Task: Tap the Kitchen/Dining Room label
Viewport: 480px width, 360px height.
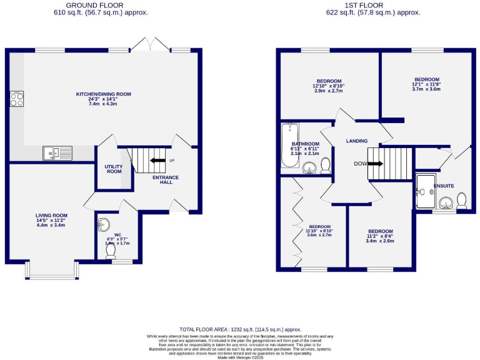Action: coord(104,94)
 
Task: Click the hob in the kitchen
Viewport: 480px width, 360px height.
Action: coord(16,101)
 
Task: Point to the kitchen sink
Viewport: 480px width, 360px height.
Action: coord(57,152)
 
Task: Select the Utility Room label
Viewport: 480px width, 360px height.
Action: coord(114,169)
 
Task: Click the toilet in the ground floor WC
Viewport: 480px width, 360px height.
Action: coord(111,251)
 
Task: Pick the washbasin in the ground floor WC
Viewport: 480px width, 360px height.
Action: coord(104,224)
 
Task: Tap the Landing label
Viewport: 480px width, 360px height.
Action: coord(357,141)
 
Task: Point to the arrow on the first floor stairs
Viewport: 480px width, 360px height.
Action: coord(375,164)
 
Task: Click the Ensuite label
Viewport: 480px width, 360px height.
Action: coord(444,185)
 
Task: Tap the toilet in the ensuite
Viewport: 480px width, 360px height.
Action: coord(462,201)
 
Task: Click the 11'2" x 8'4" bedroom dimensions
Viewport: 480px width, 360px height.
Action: coord(380,236)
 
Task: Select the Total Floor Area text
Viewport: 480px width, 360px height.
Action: coord(240,329)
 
